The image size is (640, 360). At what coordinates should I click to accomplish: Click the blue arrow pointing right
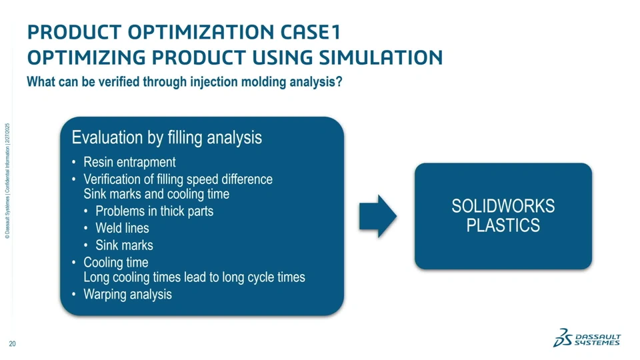point(377,216)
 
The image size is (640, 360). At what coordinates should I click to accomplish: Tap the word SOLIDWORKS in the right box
point(503,207)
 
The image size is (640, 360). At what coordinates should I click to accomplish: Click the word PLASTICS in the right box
point(503,225)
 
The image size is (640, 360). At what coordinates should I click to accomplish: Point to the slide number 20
point(12,344)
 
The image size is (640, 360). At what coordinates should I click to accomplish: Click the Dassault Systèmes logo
point(587,338)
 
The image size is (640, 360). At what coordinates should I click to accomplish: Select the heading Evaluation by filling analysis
point(166,138)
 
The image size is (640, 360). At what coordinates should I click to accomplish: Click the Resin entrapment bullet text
point(129,162)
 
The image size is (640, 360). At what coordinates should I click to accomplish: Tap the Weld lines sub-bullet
point(122,228)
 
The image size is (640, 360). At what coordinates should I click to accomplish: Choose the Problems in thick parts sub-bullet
point(154,211)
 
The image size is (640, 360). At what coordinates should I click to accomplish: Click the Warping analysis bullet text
point(127,294)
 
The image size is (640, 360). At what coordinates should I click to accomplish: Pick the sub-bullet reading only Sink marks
point(124,245)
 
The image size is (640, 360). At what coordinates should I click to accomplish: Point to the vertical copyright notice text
point(7,180)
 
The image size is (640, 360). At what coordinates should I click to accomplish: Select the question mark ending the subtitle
point(339,83)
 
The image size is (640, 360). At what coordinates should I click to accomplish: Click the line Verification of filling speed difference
point(178,179)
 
